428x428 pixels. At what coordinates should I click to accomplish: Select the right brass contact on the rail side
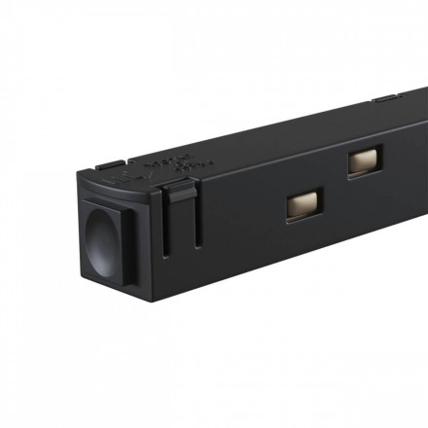pyautogui.click(x=365, y=160)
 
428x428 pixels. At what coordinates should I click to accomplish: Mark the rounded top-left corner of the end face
pyautogui.click(x=79, y=181)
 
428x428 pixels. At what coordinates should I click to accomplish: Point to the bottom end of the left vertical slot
pyautogui.click(x=166, y=255)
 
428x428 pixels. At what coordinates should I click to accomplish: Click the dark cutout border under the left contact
pyautogui.click(x=303, y=215)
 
